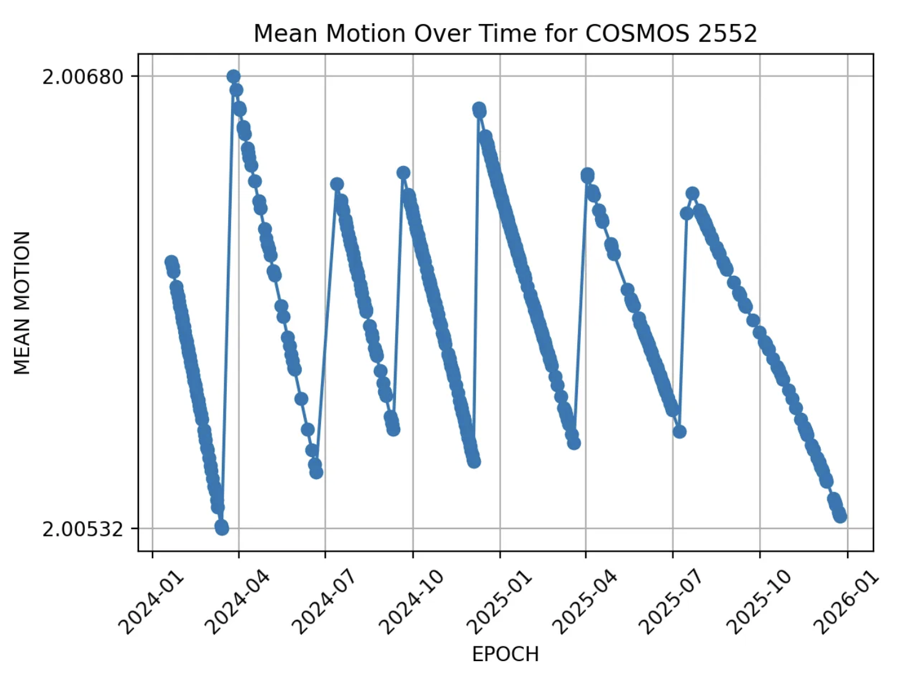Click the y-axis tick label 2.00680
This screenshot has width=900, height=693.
(83, 77)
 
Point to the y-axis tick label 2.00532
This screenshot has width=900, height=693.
(83, 528)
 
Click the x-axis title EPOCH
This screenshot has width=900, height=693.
(505, 654)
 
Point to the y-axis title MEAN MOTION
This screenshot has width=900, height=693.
(22, 303)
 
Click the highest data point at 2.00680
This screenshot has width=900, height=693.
(233, 76)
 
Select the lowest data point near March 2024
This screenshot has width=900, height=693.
(222, 527)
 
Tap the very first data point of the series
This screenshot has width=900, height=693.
(172, 262)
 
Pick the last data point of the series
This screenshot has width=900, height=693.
(840, 516)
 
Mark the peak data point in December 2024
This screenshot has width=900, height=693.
(479, 109)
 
